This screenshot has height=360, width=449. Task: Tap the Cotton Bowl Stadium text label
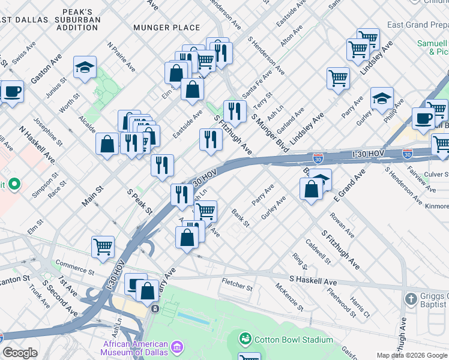click(x=294, y=340)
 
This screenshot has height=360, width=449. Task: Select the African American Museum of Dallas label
click(x=135, y=348)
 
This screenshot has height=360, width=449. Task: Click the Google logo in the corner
click(x=20, y=353)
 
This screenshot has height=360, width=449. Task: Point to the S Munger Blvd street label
click(x=268, y=131)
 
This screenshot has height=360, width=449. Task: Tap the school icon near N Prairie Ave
click(x=85, y=68)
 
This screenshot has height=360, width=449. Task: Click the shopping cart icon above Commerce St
click(x=103, y=247)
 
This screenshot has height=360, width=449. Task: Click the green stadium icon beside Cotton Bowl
click(x=245, y=340)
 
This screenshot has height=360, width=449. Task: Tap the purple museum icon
click(x=176, y=347)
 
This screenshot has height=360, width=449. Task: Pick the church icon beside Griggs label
click(x=411, y=299)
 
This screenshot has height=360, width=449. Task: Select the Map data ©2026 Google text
click(x=412, y=355)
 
